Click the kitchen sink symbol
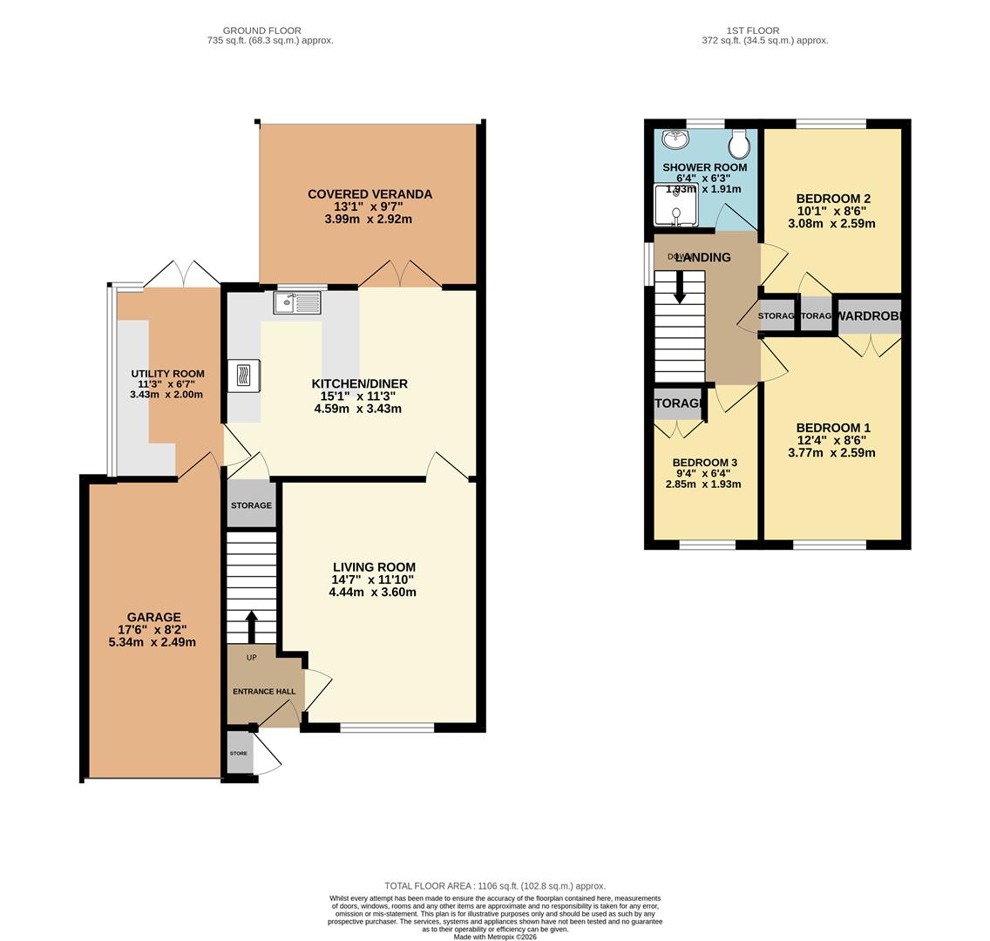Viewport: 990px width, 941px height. (297, 303)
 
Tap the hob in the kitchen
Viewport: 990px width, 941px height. (243, 376)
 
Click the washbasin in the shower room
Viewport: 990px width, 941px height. (675, 139)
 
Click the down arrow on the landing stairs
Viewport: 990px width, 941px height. (680, 288)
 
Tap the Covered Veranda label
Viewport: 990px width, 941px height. (370, 194)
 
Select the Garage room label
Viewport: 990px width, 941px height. (153, 617)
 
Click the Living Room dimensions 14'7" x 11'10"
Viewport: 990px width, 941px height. (372, 579)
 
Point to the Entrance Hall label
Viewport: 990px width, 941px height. (264, 692)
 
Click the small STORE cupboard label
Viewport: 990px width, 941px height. (239, 754)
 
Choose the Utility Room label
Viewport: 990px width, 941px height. (168, 374)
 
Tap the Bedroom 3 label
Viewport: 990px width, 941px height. (705, 463)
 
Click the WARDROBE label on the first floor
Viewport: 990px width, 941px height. (869, 316)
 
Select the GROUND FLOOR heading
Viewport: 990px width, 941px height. (261, 30)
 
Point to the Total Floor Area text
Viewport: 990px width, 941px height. (495, 886)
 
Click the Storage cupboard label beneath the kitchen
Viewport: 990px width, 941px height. (251, 505)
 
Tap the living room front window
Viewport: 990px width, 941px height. (387, 728)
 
